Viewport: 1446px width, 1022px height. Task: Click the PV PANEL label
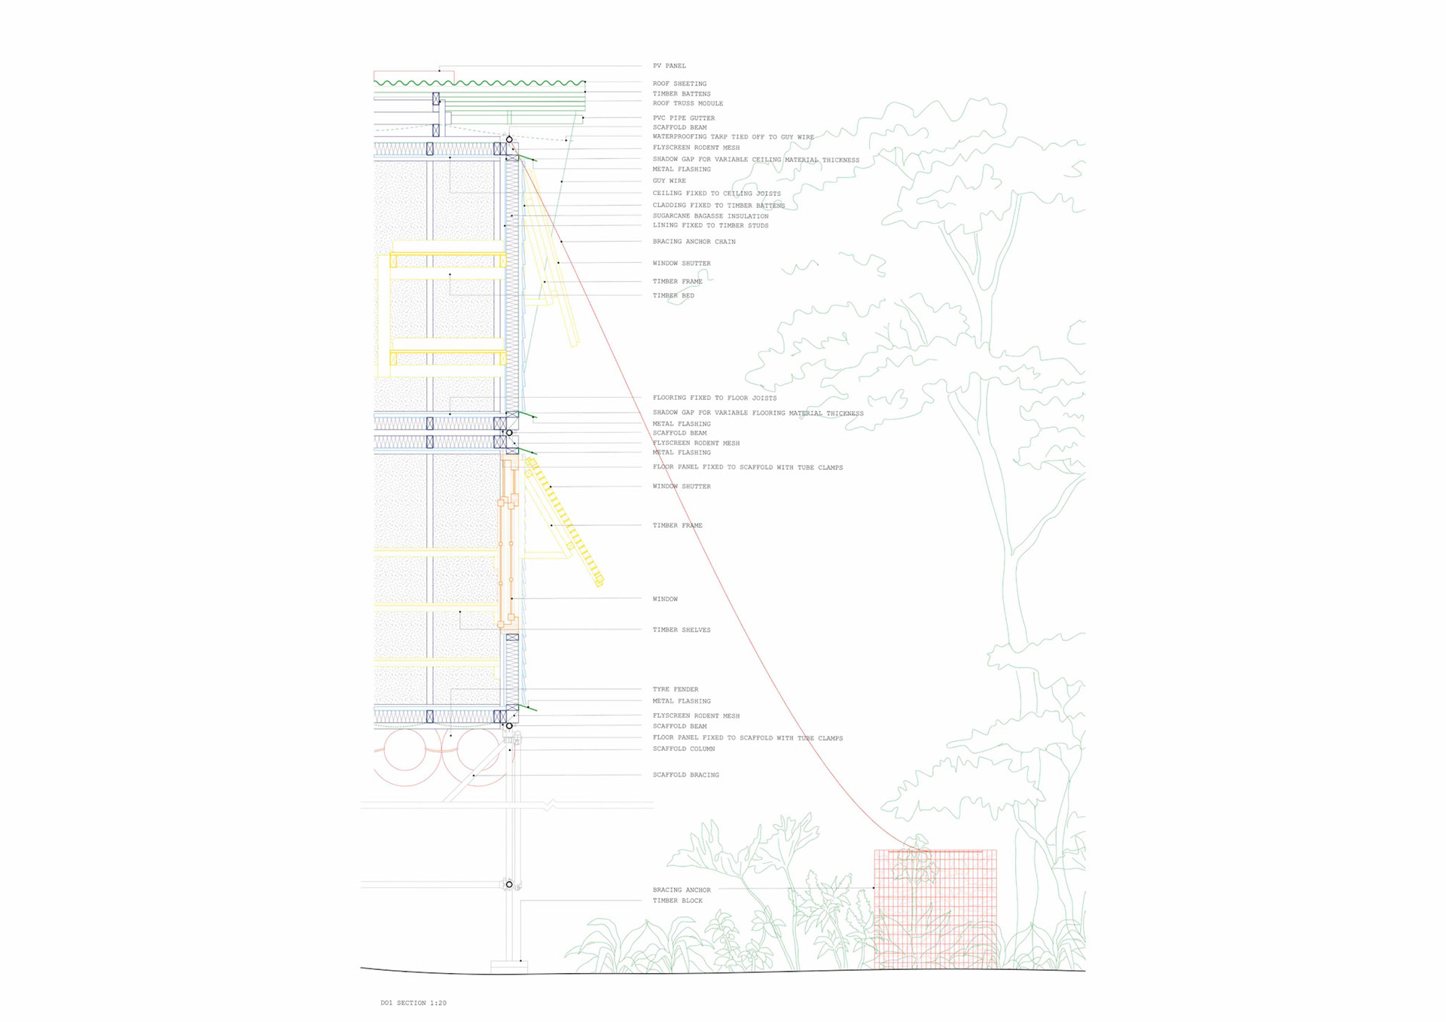click(669, 66)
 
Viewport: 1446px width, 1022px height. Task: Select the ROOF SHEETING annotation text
click(679, 84)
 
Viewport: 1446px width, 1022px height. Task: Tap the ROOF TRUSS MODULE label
click(688, 103)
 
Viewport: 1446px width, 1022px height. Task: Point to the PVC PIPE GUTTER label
click(684, 118)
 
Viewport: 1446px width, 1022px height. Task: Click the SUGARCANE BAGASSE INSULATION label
click(710, 216)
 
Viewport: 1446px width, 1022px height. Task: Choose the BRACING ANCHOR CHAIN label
click(694, 242)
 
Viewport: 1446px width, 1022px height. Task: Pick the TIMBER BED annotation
click(673, 296)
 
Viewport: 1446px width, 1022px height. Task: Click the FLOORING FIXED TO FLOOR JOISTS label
click(714, 398)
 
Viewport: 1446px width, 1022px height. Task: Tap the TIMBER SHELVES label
click(681, 630)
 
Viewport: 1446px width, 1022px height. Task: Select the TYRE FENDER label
click(675, 689)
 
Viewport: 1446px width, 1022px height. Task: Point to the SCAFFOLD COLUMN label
click(683, 749)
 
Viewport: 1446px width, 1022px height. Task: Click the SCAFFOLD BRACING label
click(685, 775)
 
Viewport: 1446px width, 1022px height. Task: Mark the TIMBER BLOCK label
click(677, 901)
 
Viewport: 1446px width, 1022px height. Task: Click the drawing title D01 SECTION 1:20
click(413, 1002)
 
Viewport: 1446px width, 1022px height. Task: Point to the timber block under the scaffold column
click(509, 966)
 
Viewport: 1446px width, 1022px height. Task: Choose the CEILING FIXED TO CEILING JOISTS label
click(716, 194)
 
